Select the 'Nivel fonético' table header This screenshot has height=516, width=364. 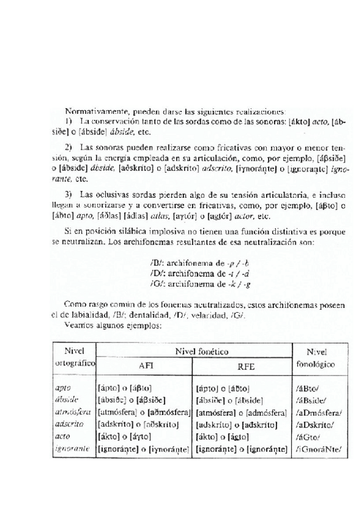[193, 352]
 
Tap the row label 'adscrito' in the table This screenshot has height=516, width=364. [69, 425]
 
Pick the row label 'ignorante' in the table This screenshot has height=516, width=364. [72, 449]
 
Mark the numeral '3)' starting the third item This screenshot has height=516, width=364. [68, 194]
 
